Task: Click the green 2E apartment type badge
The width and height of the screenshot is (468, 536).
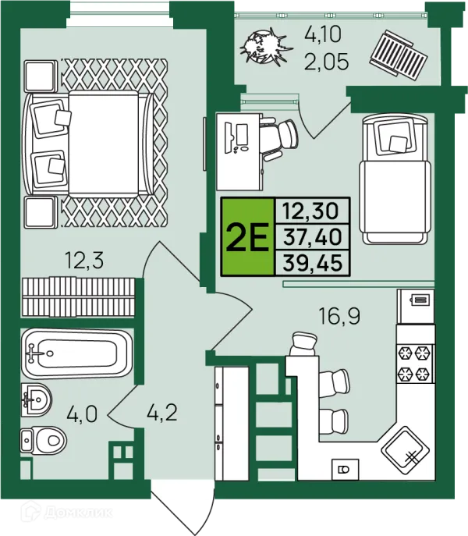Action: (x=248, y=236)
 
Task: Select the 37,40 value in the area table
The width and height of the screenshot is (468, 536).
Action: (x=313, y=237)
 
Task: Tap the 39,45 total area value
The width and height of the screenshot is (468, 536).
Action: (x=313, y=263)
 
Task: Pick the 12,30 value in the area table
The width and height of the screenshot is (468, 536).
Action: (x=310, y=211)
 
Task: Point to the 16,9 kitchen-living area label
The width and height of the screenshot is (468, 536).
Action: (x=339, y=316)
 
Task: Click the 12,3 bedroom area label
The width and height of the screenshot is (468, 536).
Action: (x=84, y=260)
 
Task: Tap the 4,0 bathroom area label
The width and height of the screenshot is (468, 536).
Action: (x=82, y=414)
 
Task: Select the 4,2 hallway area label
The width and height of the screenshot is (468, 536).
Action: (x=162, y=412)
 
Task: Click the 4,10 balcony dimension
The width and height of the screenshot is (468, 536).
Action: (x=323, y=34)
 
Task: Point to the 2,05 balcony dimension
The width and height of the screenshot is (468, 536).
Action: (x=327, y=62)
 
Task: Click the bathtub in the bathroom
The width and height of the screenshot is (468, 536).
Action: (x=76, y=353)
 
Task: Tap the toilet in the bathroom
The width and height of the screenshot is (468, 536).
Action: (x=43, y=440)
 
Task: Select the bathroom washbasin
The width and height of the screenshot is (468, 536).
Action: (x=36, y=399)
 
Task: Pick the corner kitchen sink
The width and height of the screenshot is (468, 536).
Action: (x=405, y=450)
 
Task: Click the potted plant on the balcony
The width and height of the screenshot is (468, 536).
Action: (x=266, y=47)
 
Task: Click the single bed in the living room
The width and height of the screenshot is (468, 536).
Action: (x=395, y=179)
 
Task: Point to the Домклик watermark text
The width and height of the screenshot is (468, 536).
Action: (x=66, y=512)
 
